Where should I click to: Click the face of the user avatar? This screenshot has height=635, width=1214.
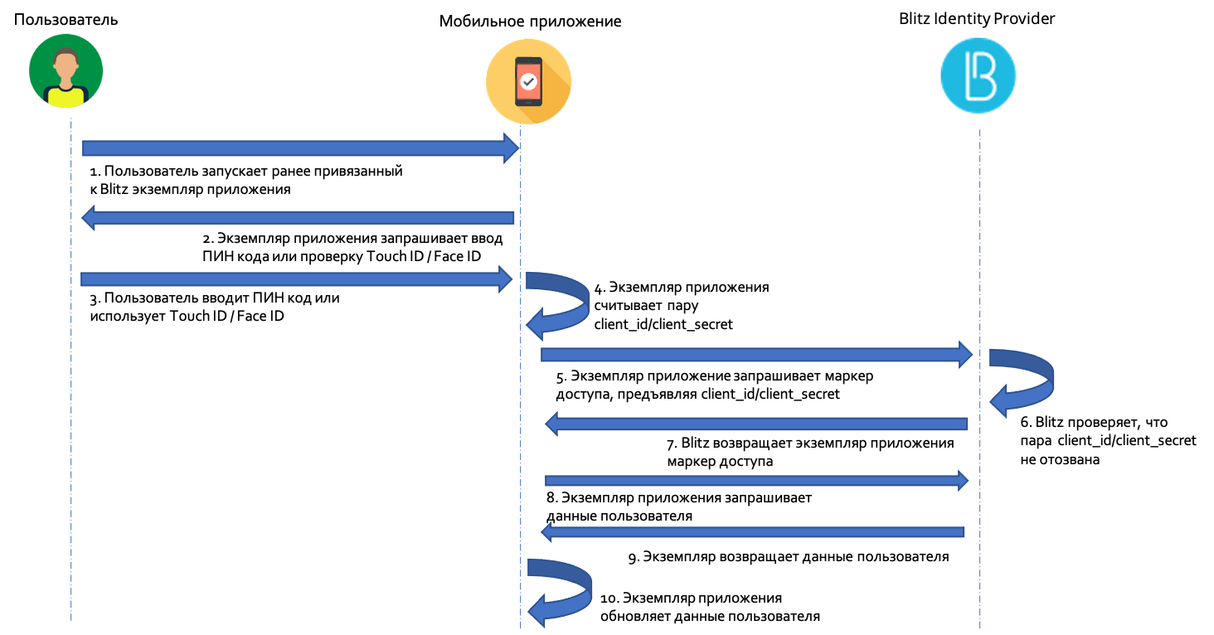pos(66,65)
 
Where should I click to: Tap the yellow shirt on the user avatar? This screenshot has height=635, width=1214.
pos(66,96)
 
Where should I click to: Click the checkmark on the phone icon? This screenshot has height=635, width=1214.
pos(528,81)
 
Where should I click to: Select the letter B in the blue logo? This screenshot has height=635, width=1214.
pos(980,75)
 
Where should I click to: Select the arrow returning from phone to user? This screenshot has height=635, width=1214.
pos(299,218)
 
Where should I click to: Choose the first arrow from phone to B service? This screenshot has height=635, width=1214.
pos(755,355)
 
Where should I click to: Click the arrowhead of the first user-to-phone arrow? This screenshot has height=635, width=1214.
pos(510,148)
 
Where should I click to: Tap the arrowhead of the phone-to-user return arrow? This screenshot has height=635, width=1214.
pos(90,218)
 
